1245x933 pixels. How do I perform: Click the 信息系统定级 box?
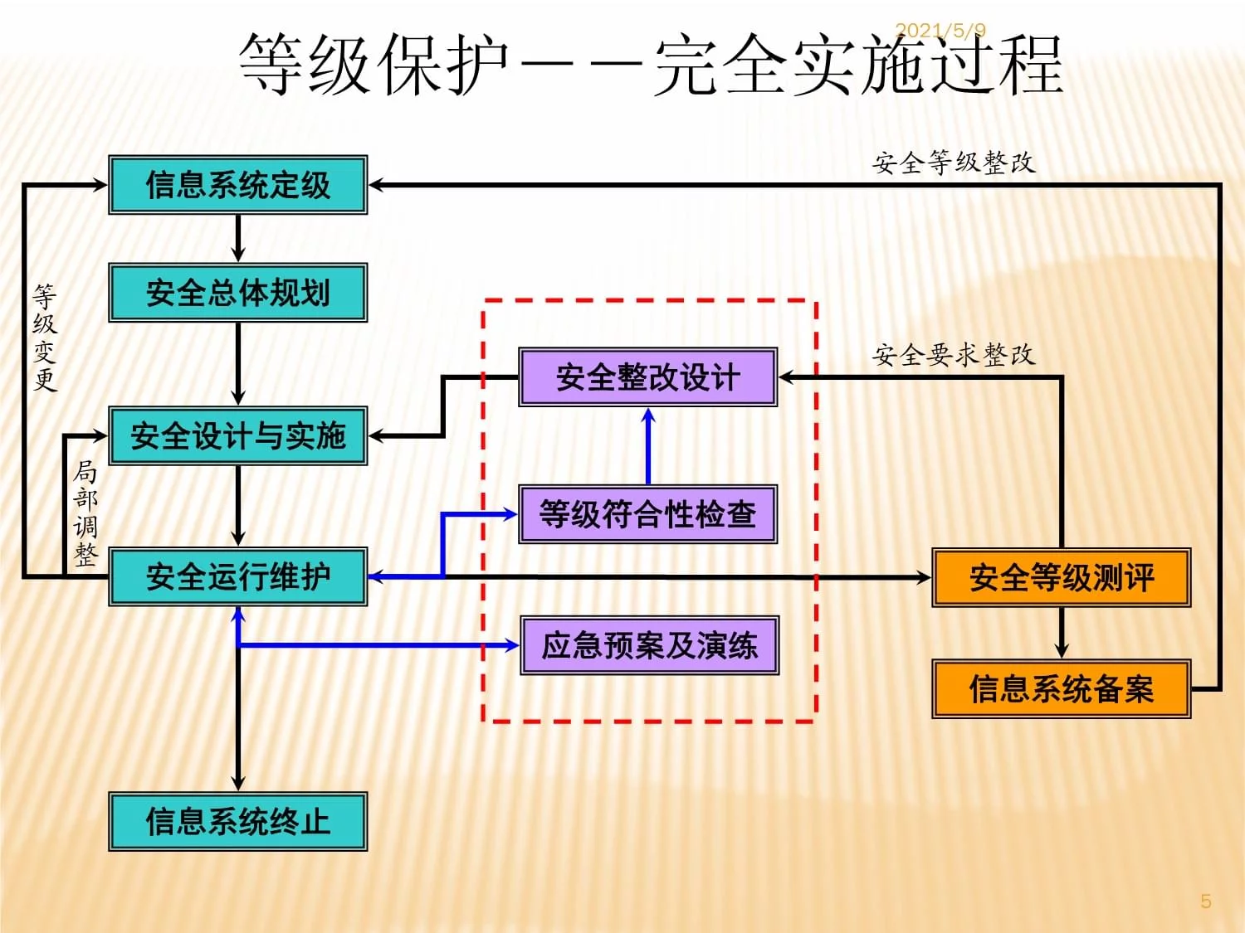pos(238,185)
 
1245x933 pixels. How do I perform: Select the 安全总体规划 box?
pos(238,293)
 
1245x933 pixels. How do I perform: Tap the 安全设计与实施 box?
pos(238,435)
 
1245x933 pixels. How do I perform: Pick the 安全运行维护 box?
pos(238,576)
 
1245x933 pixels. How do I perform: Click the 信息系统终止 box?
pos(238,821)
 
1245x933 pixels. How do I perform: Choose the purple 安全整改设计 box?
pos(647,377)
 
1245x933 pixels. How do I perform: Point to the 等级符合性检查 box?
pos(647,514)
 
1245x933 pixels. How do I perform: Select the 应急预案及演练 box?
pos(649,645)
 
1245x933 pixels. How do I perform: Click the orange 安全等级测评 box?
pos(1061,577)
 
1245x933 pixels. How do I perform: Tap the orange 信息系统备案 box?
pos(1061,688)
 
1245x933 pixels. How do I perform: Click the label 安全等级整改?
pos(954,163)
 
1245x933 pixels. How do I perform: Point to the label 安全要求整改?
pos(954,355)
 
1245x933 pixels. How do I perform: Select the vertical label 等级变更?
pos(45,338)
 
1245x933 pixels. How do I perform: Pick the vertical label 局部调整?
pos(85,513)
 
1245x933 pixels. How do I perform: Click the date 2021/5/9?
pos(940,31)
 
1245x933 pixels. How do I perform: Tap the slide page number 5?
pos(1205,901)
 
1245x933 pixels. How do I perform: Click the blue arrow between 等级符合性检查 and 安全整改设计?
pos(648,446)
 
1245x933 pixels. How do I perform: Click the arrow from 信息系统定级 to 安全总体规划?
pos(238,238)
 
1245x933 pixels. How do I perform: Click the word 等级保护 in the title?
pos(373,65)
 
